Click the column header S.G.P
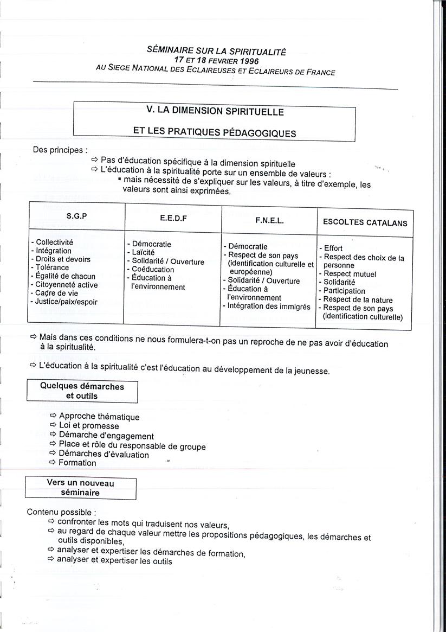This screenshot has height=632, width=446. tap(76, 215)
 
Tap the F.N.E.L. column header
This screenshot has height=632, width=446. tap(269, 221)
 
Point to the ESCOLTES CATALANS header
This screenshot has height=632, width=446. tap(365, 222)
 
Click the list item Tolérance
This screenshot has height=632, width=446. tap(52, 267)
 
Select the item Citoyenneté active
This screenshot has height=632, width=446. tap(67, 285)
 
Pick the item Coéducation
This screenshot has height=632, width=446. tap(153, 270)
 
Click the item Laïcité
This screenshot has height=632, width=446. tap(143, 253)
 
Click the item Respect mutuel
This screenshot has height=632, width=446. tap(350, 274)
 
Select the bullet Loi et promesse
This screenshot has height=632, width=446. tap(89, 426)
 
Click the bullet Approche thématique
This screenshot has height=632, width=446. tap(99, 417)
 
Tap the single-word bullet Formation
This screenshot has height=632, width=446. tap(77, 463)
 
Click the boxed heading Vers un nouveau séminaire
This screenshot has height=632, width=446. tap(81, 488)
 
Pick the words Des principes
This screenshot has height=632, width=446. tap(60, 150)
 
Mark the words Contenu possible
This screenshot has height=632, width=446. tap(62, 512)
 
